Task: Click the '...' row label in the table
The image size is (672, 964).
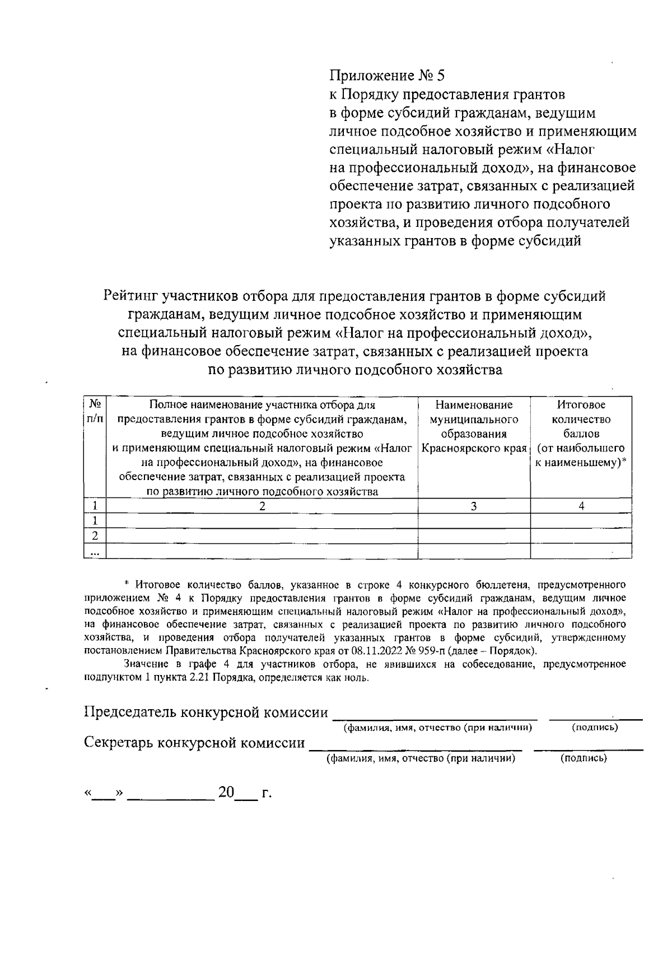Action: click(95, 552)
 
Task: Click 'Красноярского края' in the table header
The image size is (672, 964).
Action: click(474, 449)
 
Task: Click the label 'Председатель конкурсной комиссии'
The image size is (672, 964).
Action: click(206, 712)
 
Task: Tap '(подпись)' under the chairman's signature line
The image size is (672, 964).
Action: click(595, 728)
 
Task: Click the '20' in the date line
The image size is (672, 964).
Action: click(227, 793)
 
